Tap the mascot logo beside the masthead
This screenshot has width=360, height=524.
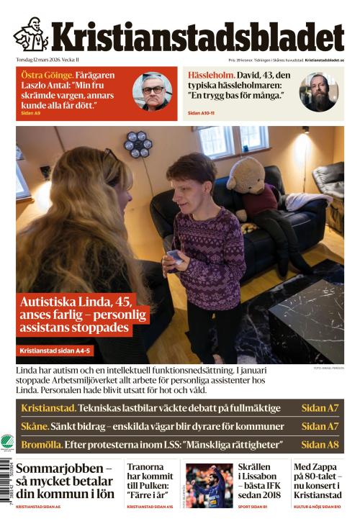pyautogui.click(x=31, y=34)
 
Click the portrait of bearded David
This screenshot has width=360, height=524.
pyautogui.click(x=318, y=91)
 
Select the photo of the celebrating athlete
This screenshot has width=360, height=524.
pyautogui.click(x=209, y=486)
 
